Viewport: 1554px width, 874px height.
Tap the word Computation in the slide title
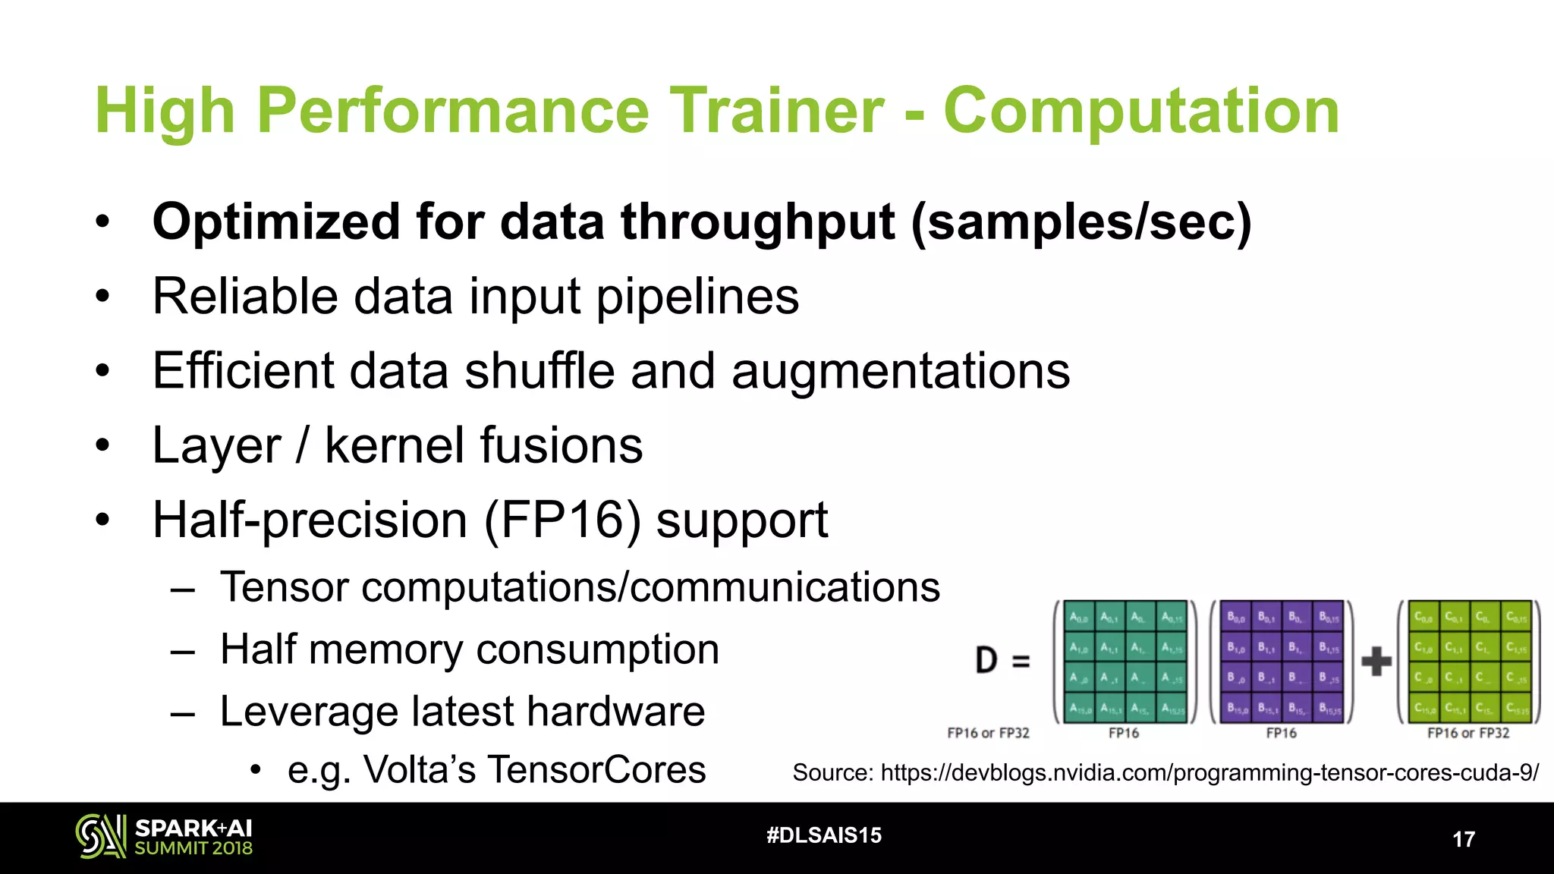tap(1141, 111)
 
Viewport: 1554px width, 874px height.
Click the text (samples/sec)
tap(1081, 222)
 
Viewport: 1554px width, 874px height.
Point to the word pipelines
tap(697, 297)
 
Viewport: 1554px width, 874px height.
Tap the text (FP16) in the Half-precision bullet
tap(562, 520)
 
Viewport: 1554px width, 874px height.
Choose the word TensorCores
tap(597, 769)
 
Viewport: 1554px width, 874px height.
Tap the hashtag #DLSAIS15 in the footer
tap(824, 835)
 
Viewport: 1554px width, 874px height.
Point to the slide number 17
tap(1463, 839)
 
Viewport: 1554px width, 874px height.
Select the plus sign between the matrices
tap(1376, 661)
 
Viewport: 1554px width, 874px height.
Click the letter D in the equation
tap(986, 660)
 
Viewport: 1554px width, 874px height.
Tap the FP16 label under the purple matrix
tap(1281, 733)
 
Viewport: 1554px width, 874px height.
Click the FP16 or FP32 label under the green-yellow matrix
tap(1468, 733)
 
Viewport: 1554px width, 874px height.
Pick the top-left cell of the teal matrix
tap(1078, 617)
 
